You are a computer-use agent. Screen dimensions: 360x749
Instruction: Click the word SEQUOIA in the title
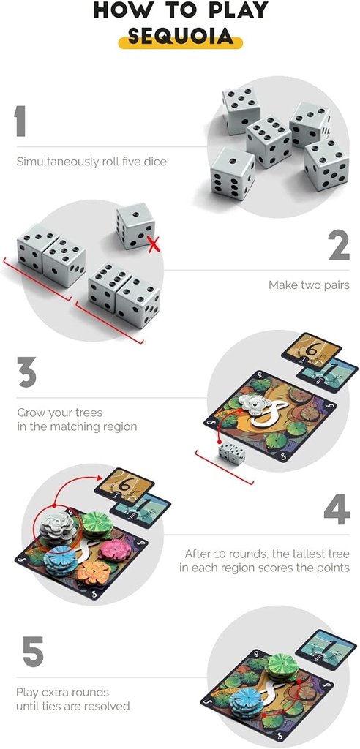pyautogui.click(x=180, y=37)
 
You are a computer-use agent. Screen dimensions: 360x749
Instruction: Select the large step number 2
pyautogui.click(x=339, y=247)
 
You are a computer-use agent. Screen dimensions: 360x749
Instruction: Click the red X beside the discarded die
pyautogui.click(x=153, y=244)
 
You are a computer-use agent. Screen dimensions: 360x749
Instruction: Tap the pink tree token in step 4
pyautogui.click(x=115, y=550)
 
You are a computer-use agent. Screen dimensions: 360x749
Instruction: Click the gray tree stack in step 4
pyautogui.click(x=57, y=528)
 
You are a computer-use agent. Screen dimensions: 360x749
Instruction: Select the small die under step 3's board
pyautogui.click(x=232, y=453)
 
